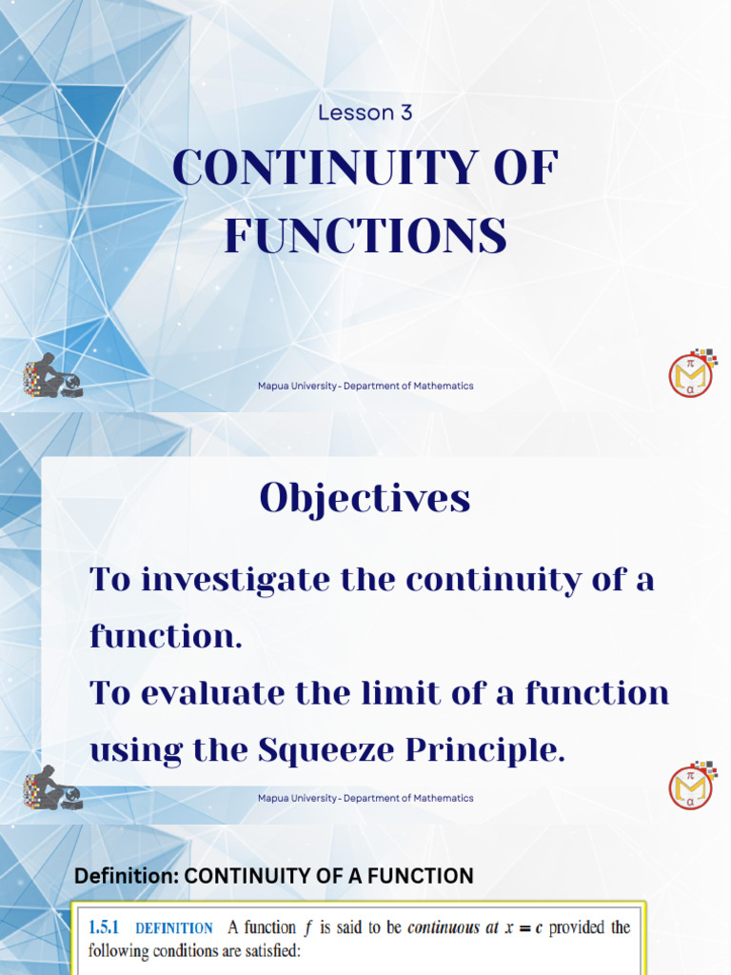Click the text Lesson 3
(365, 112)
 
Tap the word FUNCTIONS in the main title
(365, 236)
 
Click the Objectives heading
(365, 498)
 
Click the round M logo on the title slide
(692, 374)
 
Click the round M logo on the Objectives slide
(692, 786)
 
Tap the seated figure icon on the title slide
(51, 376)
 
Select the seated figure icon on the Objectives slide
(51, 788)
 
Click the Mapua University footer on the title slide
(365, 386)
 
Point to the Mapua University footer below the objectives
(365, 798)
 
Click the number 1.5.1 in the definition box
(107, 927)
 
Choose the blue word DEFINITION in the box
(174, 928)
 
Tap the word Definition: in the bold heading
(126, 876)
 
